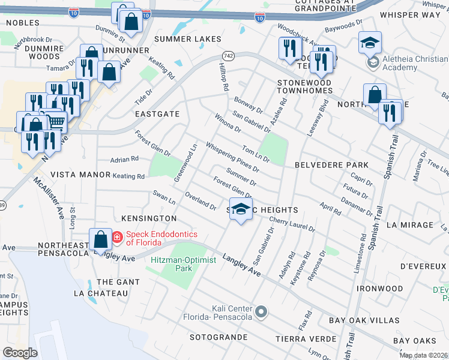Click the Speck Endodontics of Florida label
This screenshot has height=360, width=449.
143,238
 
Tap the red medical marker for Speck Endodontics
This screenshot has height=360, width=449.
116,238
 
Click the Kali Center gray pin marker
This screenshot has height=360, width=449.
261,311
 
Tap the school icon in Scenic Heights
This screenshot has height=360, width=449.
241,209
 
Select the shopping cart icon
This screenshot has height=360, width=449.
56,122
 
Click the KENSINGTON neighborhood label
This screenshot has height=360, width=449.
149,218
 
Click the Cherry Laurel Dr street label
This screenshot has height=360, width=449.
292,224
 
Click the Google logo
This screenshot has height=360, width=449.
20,352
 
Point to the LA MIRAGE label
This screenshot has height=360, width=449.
410,224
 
